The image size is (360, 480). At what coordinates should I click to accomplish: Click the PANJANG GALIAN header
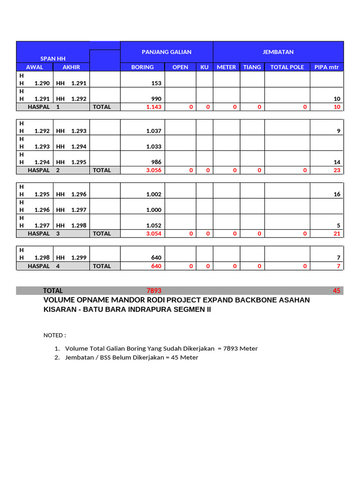point(166,52)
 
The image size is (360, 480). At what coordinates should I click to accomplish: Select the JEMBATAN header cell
point(278,52)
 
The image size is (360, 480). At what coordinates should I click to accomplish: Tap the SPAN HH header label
point(53,59)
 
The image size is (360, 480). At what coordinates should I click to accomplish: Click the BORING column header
point(142,67)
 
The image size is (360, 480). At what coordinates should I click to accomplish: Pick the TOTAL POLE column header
point(287,67)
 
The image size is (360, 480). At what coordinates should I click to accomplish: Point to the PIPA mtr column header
point(326,67)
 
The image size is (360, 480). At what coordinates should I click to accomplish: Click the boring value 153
point(156,83)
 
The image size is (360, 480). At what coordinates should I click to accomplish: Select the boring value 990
point(156,99)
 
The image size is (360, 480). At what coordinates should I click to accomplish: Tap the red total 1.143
point(154,107)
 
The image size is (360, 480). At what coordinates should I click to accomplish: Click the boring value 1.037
point(154,131)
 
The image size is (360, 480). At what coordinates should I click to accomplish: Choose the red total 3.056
point(154,170)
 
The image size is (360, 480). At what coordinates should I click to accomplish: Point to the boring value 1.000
point(154,210)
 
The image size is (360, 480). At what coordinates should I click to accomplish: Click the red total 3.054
point(154,233)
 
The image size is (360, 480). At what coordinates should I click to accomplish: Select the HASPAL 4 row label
point(45,266)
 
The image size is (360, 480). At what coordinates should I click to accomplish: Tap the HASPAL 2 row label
point(45,170)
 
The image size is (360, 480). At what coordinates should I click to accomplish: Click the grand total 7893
point(154,291)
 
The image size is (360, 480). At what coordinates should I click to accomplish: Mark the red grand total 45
point(337,291)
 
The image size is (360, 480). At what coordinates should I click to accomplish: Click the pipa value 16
point(337,194)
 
